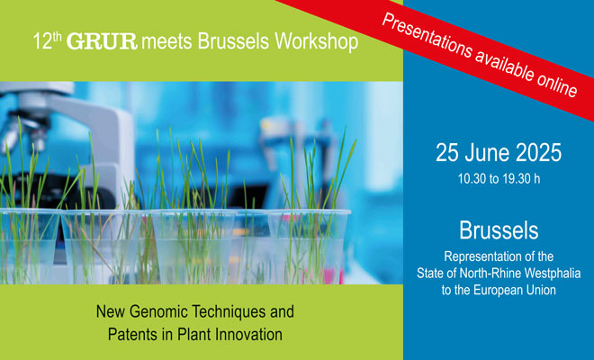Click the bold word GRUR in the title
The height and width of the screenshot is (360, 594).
point(102,41)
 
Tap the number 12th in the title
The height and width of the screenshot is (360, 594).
point(47,40)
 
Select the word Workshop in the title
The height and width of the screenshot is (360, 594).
point(316,41)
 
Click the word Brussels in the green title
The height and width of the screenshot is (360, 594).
point(233,40)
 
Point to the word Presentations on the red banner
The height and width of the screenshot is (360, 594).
point(427,39)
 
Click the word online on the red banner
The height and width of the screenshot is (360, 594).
point(557,82)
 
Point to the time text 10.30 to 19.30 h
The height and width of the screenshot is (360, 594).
point(499,178)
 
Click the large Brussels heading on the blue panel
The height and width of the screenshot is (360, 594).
point(499,230)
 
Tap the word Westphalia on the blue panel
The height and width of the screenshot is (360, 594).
point(548,274)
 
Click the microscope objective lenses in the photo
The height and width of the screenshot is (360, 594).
point(22,133)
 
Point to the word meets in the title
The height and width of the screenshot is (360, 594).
point(167,41)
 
